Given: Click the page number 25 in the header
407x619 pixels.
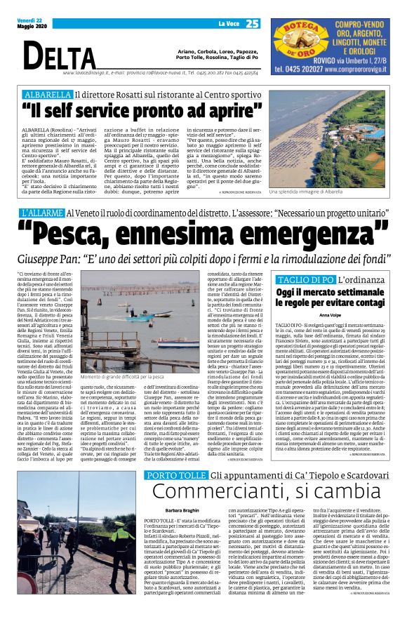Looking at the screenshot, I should pos(253,23).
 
